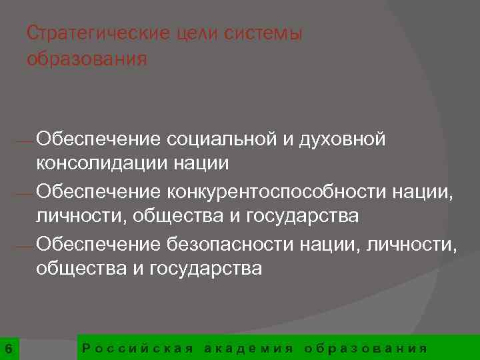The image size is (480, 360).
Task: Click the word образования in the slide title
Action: (87, 59)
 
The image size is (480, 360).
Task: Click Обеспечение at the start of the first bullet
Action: (99, 139)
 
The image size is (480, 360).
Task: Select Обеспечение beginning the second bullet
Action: (99, 192)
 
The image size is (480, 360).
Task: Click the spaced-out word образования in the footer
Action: (365, 348)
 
